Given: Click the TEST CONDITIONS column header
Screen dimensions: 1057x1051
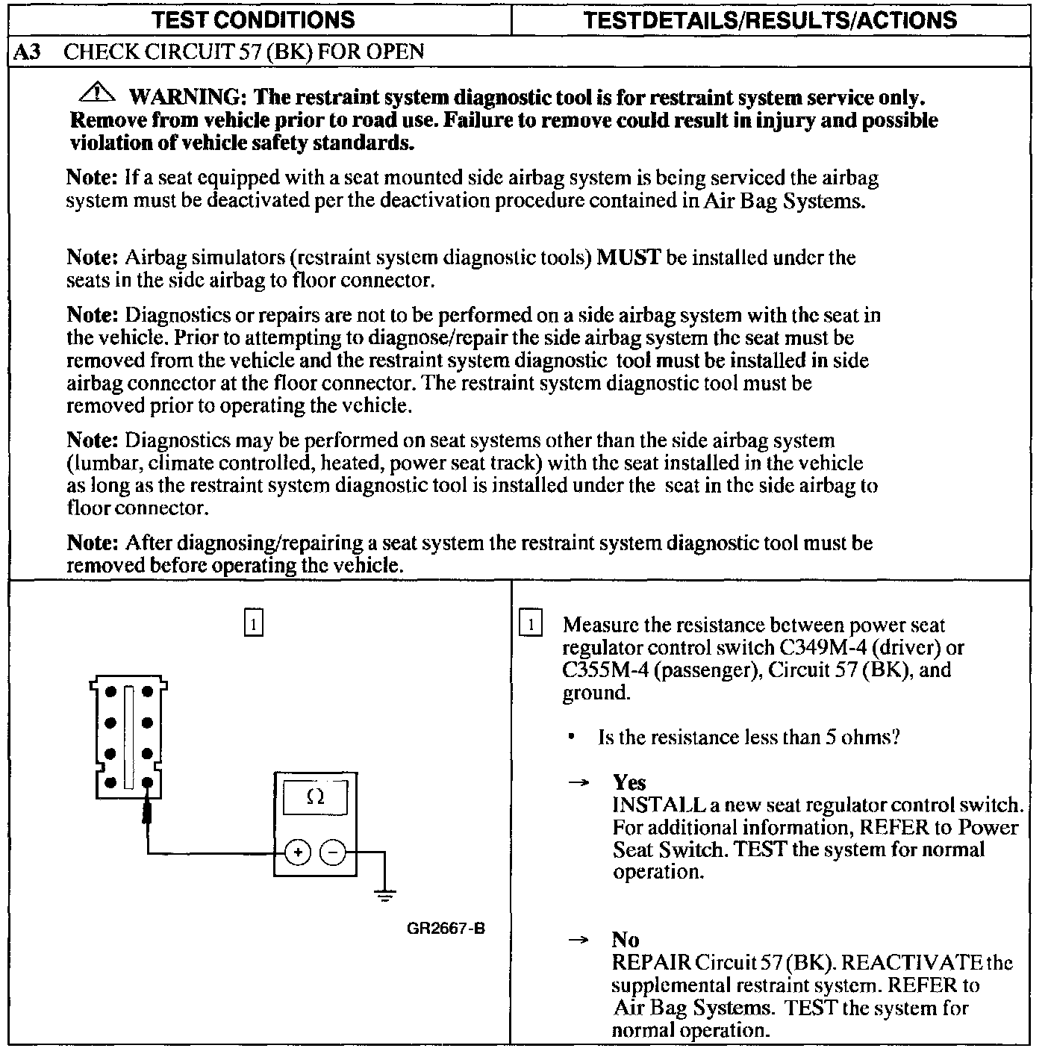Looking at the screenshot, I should coord(253,19).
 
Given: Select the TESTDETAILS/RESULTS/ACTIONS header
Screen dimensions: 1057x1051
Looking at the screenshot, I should coord(770,19).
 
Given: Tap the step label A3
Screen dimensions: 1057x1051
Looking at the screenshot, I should coord(28,52).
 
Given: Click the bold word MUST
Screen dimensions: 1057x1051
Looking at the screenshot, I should coord(629,258).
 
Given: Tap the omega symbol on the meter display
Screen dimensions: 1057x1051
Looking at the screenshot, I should coord(315,797).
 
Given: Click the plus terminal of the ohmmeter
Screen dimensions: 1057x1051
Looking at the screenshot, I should coord(298,852).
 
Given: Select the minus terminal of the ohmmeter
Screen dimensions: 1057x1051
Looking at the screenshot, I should coord(333,852).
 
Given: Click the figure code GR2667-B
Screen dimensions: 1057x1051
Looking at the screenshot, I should coord(446,929).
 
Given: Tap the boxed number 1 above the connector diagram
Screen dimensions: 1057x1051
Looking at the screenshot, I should coord(254,623).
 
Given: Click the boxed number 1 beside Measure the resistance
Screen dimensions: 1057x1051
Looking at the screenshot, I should coord(530,624).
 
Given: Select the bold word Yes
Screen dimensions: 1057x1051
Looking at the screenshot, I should coord(629,782).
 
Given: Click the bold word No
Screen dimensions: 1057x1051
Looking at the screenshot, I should coord(626,940).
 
